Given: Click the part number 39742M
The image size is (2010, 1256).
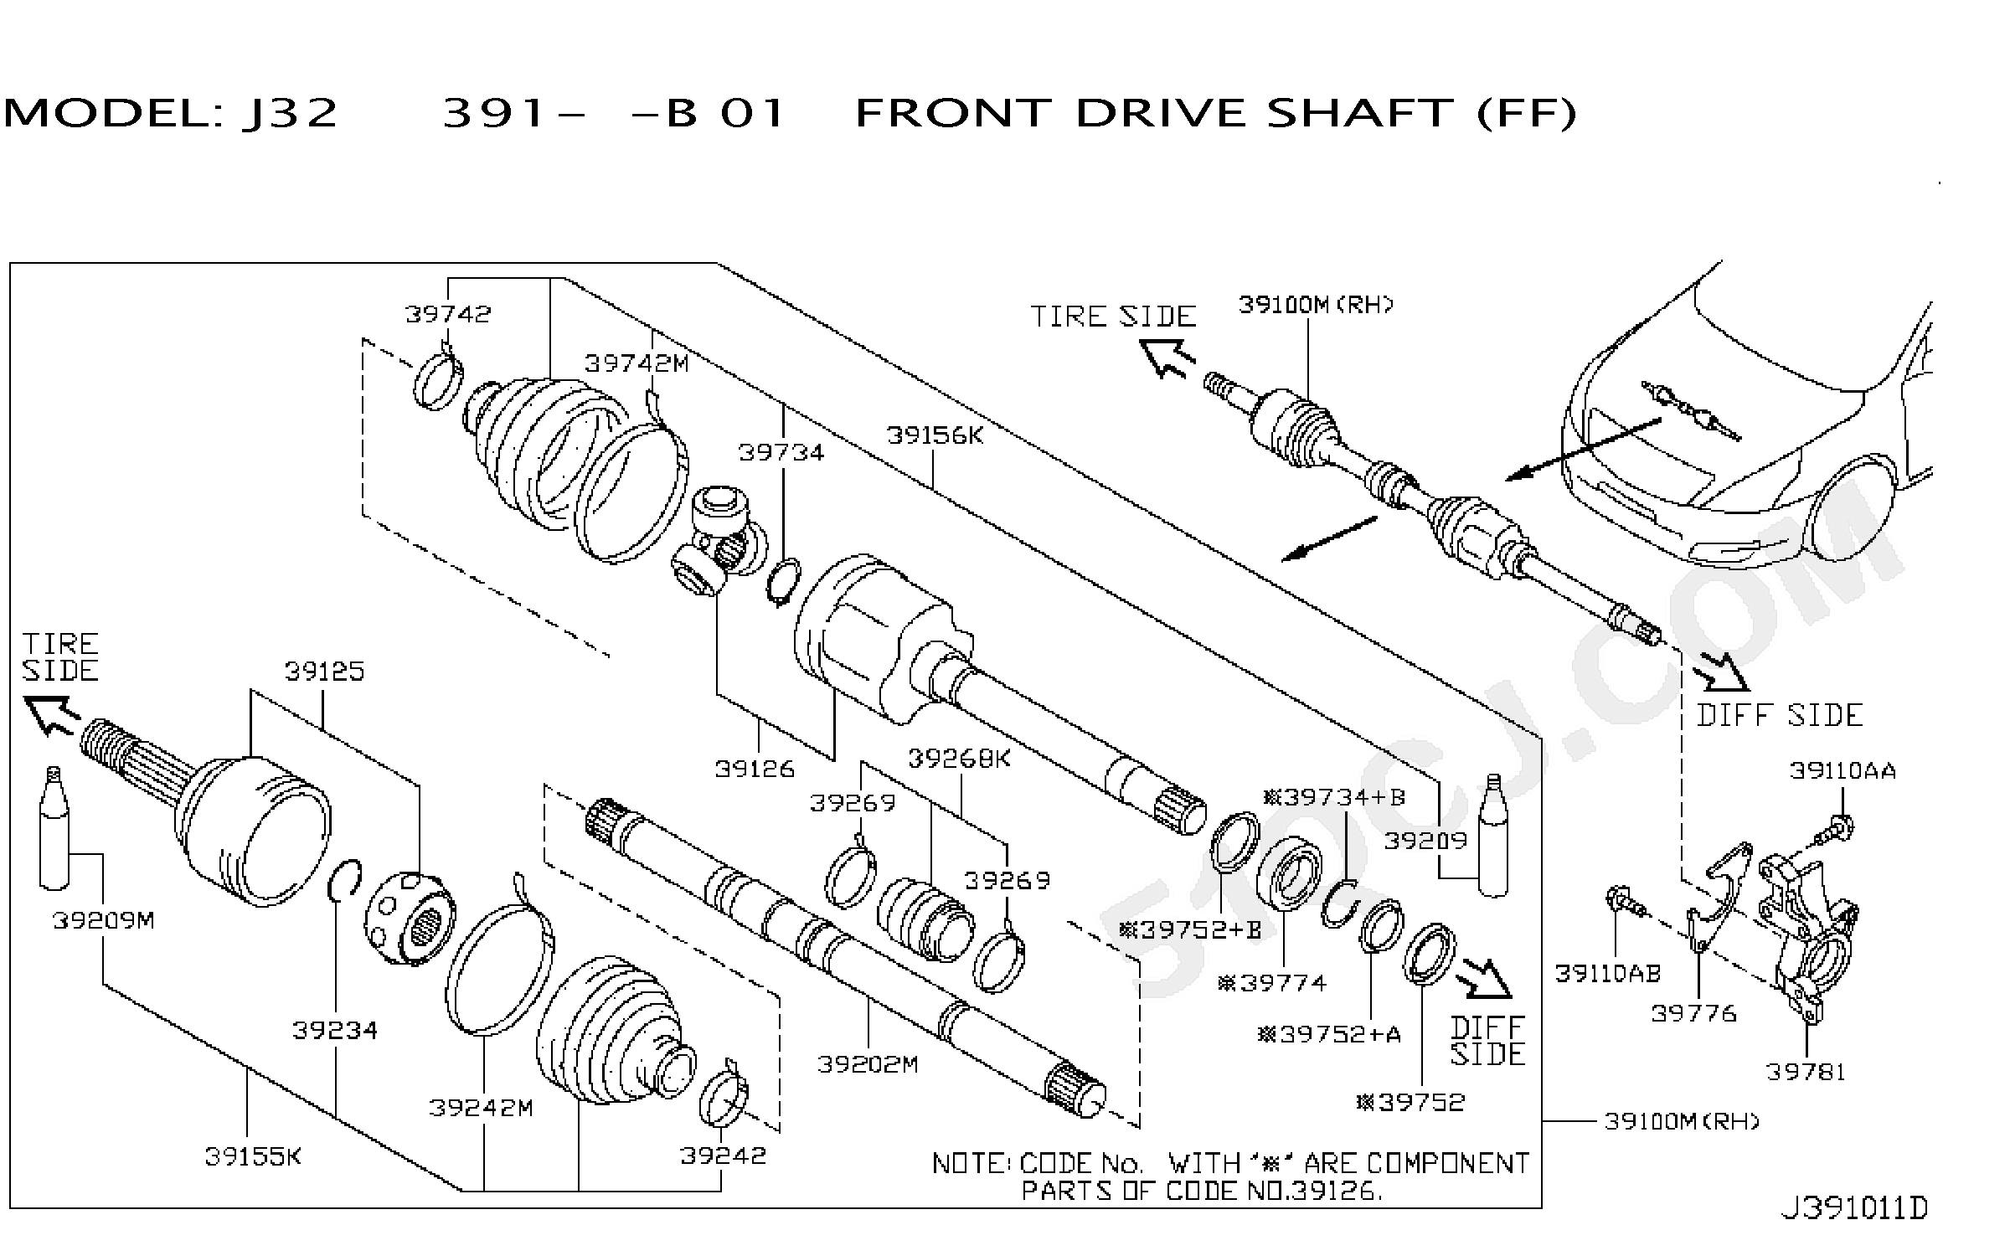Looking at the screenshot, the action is pyautogui.click(x=636, y=363).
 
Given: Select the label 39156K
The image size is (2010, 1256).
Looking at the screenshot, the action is pyautogui.click(x=935, y=435).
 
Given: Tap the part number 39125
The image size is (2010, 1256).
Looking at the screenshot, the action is pyautogui.click(x=324, y=672).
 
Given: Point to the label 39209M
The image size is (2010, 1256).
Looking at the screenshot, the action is pyautogui.click(x=103, y=920).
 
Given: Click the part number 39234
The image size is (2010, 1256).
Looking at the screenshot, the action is pyautogui.click(x=335, y=1030).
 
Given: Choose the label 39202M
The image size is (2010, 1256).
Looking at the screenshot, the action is pyautogui.click(x=868, y=1064).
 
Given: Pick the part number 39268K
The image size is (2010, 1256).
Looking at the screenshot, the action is pyautogui.click(x=960, y=759).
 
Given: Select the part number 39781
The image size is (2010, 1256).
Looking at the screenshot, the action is pyautogui.click(x=1806, y=1072).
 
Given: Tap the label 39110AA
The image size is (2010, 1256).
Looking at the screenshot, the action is pyautogui.click(x=1842, y=770).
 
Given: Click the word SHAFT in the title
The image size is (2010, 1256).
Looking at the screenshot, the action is pyautogui.click(x=1359, y=113).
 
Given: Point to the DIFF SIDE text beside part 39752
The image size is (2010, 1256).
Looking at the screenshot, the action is pyautogui.click(x=1487, y=1041).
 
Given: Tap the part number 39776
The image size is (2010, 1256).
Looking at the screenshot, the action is pyautogui.click(x=1693, y=1013).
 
